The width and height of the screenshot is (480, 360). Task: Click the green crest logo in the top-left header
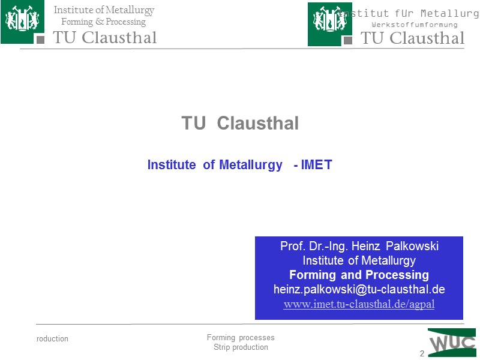click(x=22, y=22)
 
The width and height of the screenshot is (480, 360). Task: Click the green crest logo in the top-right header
click(x=329, y=24)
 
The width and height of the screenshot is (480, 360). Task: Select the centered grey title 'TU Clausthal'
click(x=240, y=124)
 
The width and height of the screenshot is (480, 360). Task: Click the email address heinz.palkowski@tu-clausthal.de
click(x=359, y=289)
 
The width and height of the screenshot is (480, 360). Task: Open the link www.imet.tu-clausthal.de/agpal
click(x=359, y=304)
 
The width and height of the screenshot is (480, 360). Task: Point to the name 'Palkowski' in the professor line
click(x=412, y=246)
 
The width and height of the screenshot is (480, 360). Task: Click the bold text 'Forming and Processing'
click(x=359, y=275)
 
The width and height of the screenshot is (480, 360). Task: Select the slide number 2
click(x=422, y=353)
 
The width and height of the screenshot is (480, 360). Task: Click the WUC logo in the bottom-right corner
click(x=451, y=343)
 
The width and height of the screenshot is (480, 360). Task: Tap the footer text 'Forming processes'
click(x=240, y=338)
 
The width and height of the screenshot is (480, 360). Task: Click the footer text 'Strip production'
click(x=241, y=347)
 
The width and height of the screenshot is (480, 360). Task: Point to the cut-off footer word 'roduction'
click(x=52, y=339)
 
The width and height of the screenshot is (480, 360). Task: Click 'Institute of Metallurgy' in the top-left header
click(x=104, y=10)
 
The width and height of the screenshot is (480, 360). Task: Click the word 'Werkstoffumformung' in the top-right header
click(x=414, y=25)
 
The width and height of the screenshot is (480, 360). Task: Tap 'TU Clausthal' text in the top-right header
click(x=412, y=38)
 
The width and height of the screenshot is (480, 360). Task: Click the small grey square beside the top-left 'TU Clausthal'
click(x=40, y=40)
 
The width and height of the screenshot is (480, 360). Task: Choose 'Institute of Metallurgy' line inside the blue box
click(x=359, y=260)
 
